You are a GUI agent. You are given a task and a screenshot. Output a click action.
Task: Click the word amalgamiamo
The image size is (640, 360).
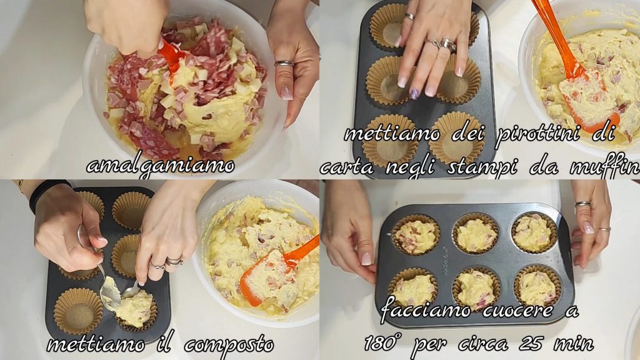pyautogui.click(x=161, y=166)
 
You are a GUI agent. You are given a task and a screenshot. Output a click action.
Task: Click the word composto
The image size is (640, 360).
pyautogui.click(x=229, y=345)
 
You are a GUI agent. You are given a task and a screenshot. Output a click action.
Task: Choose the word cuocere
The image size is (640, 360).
pyautogui.click(x=517, y=311)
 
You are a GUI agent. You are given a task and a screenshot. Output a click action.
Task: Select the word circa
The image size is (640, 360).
pyautogui.click(x=483, y=344)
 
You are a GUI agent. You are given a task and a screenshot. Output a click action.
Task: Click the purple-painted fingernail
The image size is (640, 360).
pyautogui.click(x=414, y=94)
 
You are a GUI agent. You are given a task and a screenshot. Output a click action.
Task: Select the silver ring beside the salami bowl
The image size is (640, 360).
pyautogui.click(x=284, y=63)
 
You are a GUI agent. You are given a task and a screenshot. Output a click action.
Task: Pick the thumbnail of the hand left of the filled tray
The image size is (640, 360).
pyautogui.click(x=366, y=258)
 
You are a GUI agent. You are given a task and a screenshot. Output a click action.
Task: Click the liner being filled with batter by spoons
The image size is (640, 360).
pyautogui.click(x=136, y=310)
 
